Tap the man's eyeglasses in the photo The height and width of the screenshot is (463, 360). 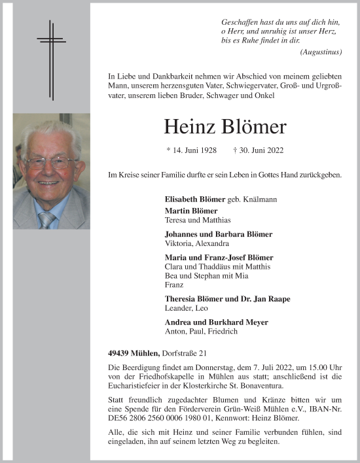[x=50, y=162]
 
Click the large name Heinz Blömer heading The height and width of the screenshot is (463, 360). [x=225, y=126]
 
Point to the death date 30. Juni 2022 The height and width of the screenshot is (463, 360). [x=259, y=150]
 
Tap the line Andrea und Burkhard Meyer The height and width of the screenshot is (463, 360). [x=217, y=322]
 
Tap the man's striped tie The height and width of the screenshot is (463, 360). [x=46, y=218]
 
